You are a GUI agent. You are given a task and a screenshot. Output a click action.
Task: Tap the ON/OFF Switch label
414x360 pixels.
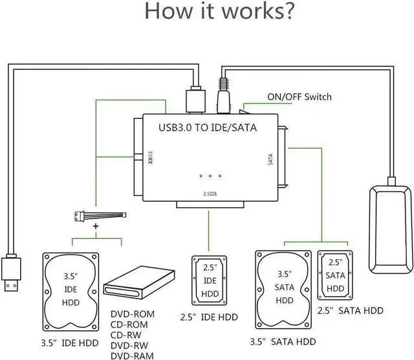(x=299, y=97)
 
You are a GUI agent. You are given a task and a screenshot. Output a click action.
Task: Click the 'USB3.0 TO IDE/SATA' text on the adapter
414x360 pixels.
(x=208, y=128)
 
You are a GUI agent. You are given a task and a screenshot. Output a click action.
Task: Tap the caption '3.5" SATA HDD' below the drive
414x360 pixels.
(x=283, y=342)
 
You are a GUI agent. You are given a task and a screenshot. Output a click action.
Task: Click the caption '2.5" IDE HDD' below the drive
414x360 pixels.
(x=208, y=317)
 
